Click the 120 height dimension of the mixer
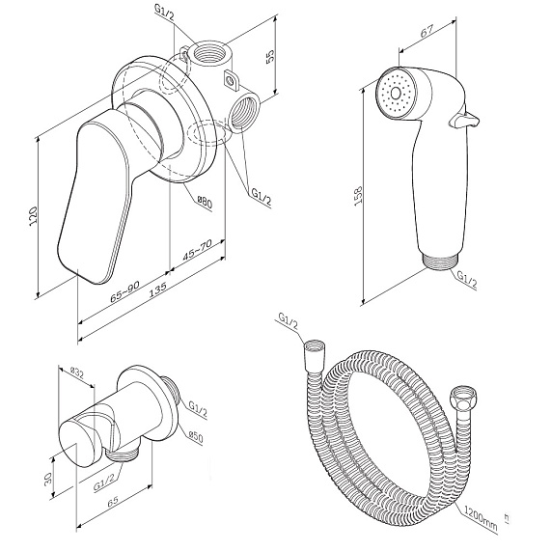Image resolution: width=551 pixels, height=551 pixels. [33, 216]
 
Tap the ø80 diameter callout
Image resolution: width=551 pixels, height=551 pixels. [206, 203]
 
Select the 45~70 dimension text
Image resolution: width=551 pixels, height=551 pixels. [197, 250]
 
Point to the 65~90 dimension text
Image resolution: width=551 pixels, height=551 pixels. [125, 291]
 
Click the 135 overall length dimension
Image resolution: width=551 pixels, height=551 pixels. [157, 290]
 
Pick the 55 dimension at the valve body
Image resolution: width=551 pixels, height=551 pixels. [270, 56]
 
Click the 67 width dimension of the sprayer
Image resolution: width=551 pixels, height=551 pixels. [427, 31]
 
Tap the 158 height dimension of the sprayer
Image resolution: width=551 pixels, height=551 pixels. [358, 196]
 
